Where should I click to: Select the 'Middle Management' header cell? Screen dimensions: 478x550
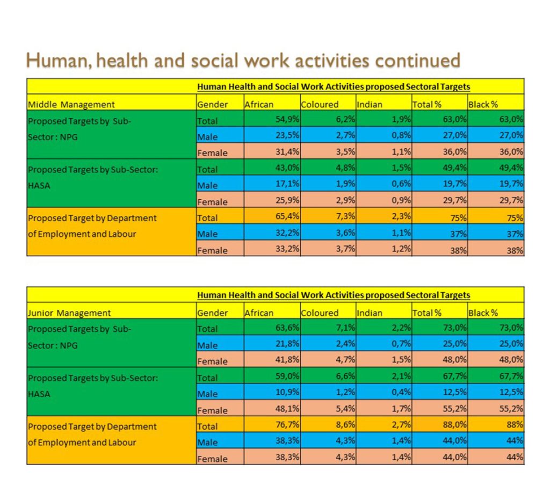pos(71,104)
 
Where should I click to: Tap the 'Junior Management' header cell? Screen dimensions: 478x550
pos(69,313)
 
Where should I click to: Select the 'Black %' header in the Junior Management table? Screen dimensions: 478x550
pos(483,313)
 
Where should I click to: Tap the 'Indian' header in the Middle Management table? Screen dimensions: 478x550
pos(370,104)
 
